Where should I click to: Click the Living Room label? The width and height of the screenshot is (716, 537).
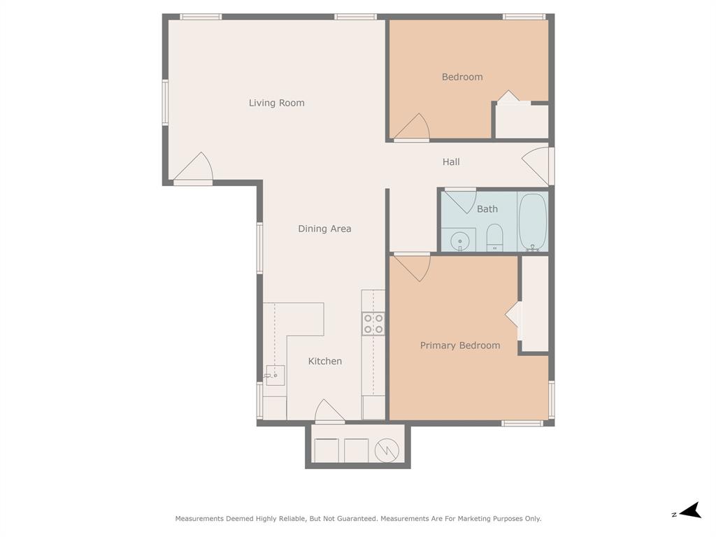276,103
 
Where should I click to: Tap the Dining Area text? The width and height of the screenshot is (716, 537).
324,229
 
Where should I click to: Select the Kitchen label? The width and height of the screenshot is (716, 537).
325,361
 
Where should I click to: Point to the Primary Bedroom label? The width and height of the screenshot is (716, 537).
459,345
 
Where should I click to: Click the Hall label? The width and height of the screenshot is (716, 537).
451,162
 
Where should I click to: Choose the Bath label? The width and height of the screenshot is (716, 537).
487,208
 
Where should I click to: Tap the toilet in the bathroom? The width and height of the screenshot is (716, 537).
494,238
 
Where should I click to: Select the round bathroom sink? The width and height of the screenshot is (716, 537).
460,241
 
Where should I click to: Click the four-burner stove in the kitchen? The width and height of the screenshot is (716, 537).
373,323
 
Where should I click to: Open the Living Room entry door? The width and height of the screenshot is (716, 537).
194,170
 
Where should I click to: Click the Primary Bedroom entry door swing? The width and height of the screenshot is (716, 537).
412,266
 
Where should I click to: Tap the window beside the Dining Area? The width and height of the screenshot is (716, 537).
259,248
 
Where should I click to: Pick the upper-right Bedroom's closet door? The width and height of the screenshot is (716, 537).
508,99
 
